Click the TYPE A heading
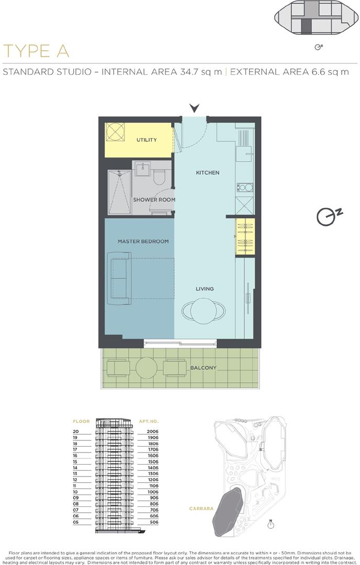coord(36,51)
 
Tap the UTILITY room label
coord(147,140)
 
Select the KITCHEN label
coord(208,173)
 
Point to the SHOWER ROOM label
coord(154,200)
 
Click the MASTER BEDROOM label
coord(143,241)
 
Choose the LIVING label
coord(205,289)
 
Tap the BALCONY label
coord(204,368)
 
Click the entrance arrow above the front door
coord(195,108)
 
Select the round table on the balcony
coord(147,368)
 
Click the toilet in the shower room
coord(160,177)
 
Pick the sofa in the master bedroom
coord(119,278)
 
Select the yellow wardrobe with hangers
coord(245,237)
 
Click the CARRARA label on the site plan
coord(200,508)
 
